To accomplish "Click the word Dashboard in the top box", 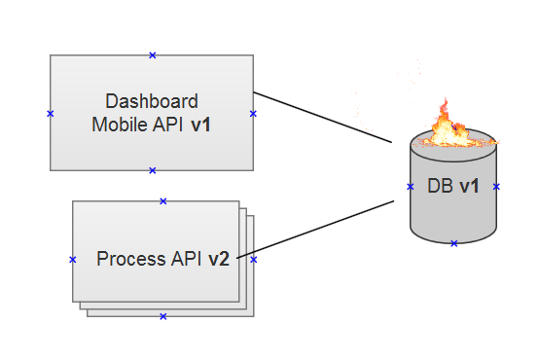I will tap(152, 101).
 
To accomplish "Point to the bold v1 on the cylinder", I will tap(468, 187).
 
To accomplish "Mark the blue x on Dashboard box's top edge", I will tap(152, 55).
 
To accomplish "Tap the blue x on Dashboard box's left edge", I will tap(50, 114).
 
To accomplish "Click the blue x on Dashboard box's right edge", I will tap(253, 114).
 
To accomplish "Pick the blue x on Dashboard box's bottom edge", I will tap(152, 170).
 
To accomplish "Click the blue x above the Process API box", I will tap(163, 201).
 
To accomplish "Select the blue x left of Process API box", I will tap(73, 260).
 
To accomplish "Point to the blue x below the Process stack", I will tap(163, 316).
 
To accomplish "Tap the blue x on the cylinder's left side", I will tap(410, 186).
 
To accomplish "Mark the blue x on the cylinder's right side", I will tap(496, 186).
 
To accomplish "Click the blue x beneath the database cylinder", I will tap(453, 243).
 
